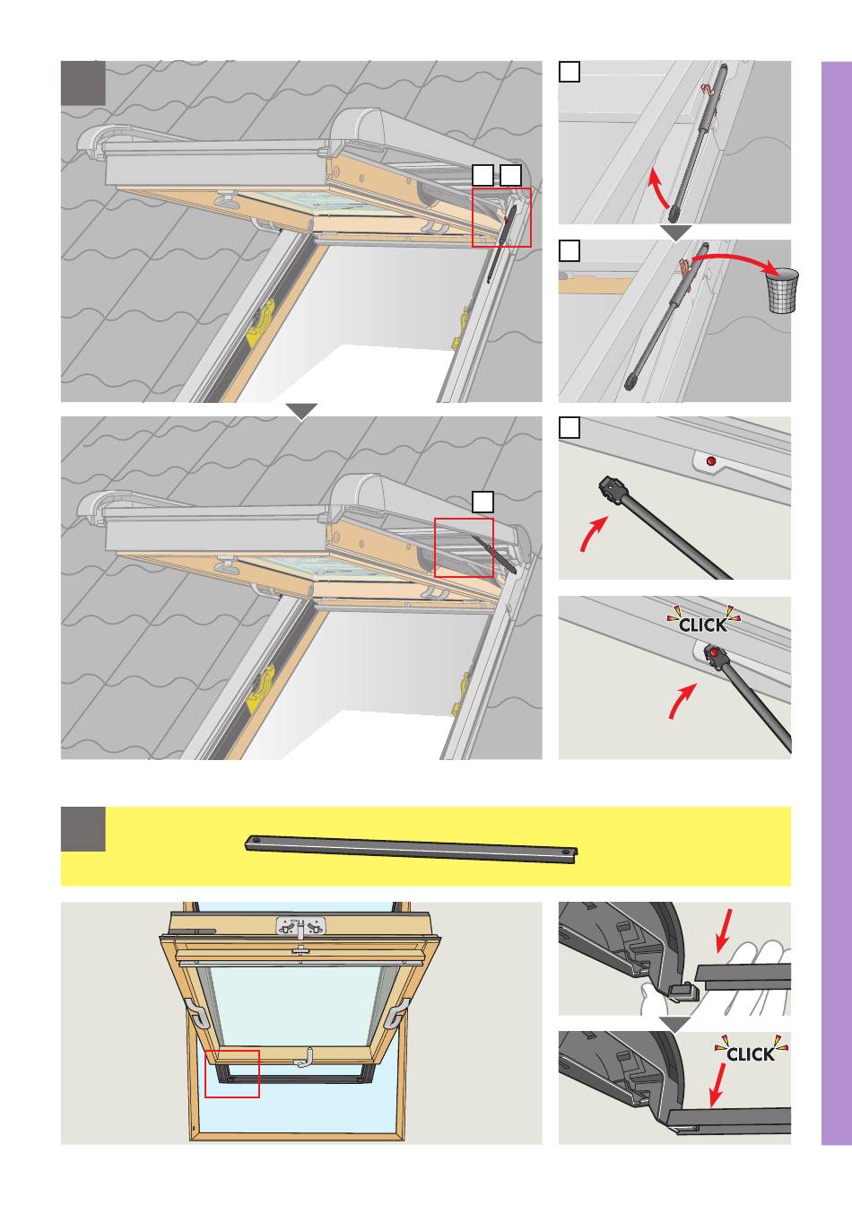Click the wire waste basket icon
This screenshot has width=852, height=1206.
pos(782,292)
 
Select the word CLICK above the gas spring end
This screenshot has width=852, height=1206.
pos(703,623)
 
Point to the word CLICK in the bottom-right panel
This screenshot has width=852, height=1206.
pos(750,1053)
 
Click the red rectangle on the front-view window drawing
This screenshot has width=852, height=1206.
pos(232,1073)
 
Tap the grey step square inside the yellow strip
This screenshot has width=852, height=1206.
pos(83,828)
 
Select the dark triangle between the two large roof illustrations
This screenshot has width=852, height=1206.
pos(302,411)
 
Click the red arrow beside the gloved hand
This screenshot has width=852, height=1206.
pos(727,930)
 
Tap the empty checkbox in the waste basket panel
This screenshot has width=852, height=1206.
pos(569,251)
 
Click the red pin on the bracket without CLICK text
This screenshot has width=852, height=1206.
pos(711,461)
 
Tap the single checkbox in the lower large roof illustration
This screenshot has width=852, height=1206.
pos(483,502)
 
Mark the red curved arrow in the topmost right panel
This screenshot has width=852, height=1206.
pos(658,191)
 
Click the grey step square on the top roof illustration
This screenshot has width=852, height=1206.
pos(83,83)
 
